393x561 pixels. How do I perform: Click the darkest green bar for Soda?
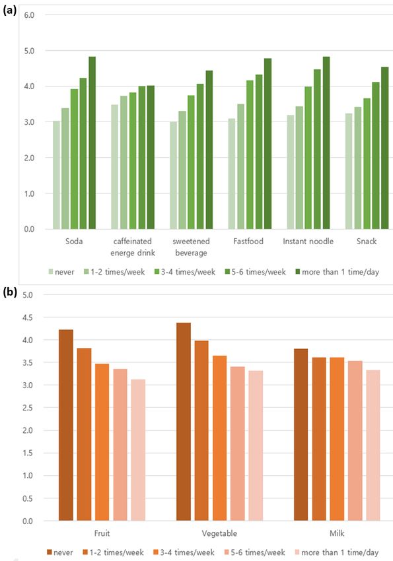92,143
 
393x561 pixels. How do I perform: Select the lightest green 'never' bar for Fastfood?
232,174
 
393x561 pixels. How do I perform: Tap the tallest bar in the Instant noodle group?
326,143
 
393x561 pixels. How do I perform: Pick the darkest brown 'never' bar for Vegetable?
184,422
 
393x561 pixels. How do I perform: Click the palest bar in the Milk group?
373,445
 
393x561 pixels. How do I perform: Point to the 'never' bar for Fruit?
66,426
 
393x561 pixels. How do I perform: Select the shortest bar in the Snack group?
349,171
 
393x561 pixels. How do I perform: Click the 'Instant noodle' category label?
308,242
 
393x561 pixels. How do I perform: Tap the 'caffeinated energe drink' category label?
133,247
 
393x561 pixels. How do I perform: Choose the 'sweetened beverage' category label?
191,247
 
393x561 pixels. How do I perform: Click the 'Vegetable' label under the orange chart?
219,533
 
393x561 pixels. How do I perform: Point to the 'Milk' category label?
337,533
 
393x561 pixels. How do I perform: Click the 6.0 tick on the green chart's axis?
29,15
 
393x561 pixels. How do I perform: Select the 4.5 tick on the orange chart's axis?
28,317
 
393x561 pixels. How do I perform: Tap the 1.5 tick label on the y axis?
28,453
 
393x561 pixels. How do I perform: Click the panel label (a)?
10,11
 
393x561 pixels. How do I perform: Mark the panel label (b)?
10,292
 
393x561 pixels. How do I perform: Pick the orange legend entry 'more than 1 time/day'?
336,553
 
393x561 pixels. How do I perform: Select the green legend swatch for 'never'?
51,272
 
